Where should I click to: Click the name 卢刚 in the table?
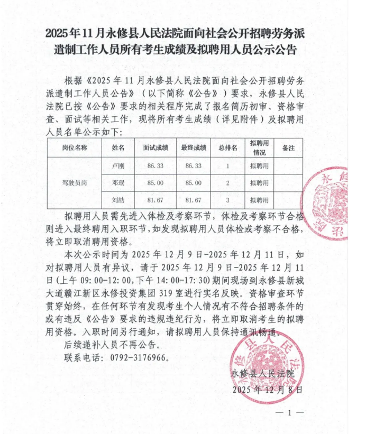pyautogui.click(x=118, y=165)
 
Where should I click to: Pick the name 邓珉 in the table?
pyautogui.click(x=118, y=183)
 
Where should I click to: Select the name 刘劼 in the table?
pyautogui.click(x=118, y=200)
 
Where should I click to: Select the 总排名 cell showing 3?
pyautogui.click(x=227, y=200)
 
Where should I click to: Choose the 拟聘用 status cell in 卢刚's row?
pyautogui.click(x=259, y=165)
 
